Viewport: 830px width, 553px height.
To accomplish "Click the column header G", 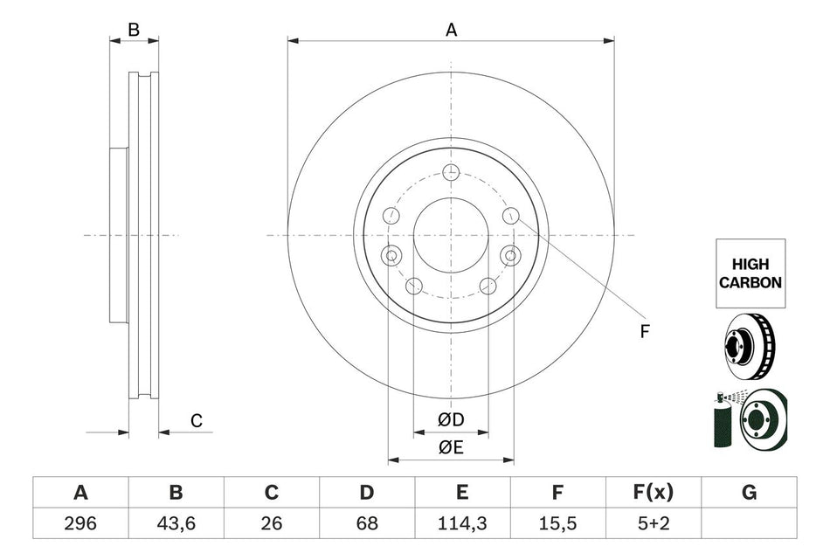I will coord(749,494).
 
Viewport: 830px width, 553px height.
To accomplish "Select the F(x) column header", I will coord(653,494).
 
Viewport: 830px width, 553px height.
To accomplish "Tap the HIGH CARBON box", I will coord(749,274).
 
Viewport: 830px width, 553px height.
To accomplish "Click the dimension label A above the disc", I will coord(452,30).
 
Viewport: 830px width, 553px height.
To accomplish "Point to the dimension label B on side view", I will coord(134,30).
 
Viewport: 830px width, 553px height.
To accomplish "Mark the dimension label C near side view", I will coord(197,421).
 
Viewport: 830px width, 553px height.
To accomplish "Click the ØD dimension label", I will coord(451,421).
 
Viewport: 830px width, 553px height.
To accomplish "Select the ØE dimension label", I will coord(451,448).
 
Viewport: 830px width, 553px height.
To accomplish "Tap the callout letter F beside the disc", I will coord(645,331).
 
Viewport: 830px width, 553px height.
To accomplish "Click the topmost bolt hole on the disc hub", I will coord(451,171).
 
